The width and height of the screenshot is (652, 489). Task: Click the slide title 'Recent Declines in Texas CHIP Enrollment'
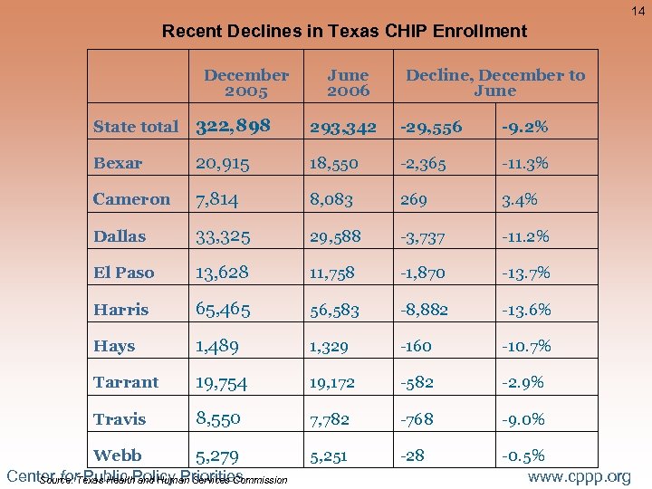[x=344, y=31]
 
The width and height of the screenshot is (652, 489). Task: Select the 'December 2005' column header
[x=246, y=83]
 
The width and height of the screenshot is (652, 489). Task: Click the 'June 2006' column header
[x=348, y=83]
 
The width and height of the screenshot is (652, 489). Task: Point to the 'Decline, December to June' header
[x=495, y=83]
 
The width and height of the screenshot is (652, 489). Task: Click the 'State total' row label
[x=136, y=127]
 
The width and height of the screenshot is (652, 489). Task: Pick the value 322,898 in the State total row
[x=233, y=126]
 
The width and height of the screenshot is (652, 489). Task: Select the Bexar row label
[x=118, y=164]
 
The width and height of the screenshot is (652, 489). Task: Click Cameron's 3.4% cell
[x=520, y=199]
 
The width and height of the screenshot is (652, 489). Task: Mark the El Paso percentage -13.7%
[x=526, y=273]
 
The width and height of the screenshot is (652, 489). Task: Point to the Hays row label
[x=114, y=346]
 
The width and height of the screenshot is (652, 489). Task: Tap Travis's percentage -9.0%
[x=523, y=419]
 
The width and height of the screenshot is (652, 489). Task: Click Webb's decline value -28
[x=412, y=455]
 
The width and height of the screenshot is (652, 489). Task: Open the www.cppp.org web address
[x=579, y=476]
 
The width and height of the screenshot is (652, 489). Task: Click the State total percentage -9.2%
[x=523, y=127]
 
